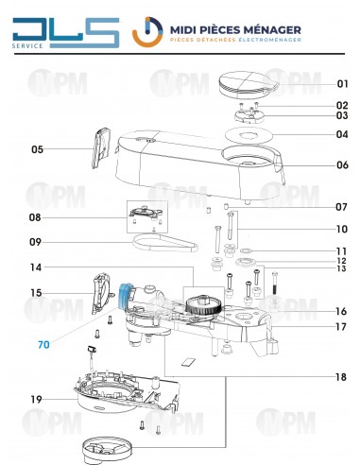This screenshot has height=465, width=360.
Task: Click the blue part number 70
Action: [x=43, y=345]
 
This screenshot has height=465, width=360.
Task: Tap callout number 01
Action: [x=342, y=84]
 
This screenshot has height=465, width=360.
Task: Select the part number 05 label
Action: [x=37, y=149]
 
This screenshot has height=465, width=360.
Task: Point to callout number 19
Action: [x=36, y=400]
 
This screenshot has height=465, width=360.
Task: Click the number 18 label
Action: [x=341, y=377]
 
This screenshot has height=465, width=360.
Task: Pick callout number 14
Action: [x=36, y=267]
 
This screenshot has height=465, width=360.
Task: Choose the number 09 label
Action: [x=35, y=242]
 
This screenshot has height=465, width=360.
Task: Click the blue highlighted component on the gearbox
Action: [x=125, y=295]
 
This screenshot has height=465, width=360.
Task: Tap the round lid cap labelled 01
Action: [x=249, y=84]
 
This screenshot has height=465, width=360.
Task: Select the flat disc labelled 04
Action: [x=249, y=136]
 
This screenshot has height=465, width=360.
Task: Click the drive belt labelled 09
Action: [x=165, y=243]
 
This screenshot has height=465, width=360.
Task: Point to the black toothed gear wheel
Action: [x=203, y=304]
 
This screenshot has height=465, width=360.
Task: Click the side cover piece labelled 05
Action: [x=101, y=147]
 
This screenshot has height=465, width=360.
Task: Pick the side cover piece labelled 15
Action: [x=102, y=293]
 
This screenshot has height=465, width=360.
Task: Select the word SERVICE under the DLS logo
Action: [x=27, y=46]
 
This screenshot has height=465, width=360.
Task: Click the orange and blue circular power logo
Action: [x=147, y=32]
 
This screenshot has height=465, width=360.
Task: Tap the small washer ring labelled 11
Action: [x=246, y=251]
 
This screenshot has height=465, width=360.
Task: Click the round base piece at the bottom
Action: [x=107, y=449]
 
